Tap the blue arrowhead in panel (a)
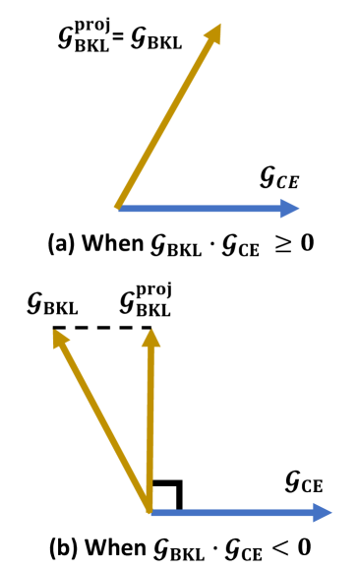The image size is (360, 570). pyautogui.click(x=289, y=208)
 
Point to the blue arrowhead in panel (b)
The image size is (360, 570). pyautogui.click(x=322, y=512)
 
